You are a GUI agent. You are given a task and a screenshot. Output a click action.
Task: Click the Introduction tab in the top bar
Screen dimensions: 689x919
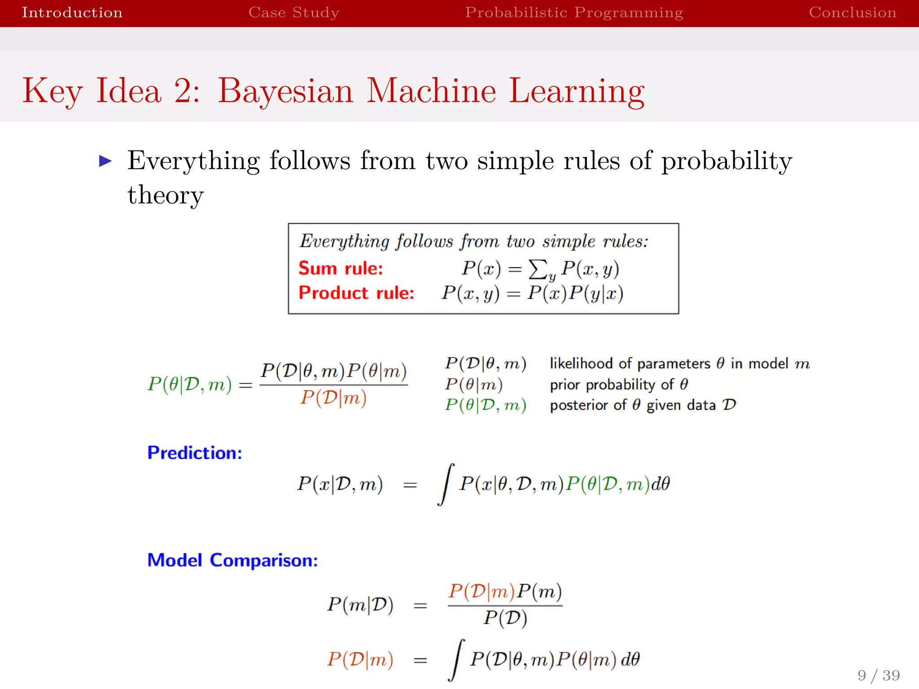pyautogui.click(x=72, y=12)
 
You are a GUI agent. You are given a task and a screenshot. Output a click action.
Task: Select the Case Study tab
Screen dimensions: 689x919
pyautogui.click(x=293, y=12)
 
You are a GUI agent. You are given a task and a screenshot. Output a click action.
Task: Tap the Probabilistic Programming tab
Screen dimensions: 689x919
pyautogui.click(x=574, y=12)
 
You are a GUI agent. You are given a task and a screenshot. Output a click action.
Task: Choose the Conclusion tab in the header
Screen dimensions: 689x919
pyautogui.click(x=852, y=12)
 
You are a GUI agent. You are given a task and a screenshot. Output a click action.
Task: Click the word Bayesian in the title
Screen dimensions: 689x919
pyautogui.click(x=285, y=91)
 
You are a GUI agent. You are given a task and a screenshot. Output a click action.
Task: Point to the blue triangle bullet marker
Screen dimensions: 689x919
pyautogui.click(x=105, y=161)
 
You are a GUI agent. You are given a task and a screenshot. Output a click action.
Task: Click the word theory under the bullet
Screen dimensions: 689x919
pyautogui.click(x=166, y=195)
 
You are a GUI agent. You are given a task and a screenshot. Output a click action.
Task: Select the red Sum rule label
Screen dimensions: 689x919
pyautogui.click(x=341, y=268)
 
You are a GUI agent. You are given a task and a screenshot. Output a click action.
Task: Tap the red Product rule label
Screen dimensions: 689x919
pyautogui.click(x=356, y=293)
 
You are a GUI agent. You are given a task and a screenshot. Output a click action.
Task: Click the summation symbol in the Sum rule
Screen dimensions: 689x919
pyautogui.click(x=538, y=269)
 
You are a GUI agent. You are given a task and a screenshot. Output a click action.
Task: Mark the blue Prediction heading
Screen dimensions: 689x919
pyautogui.click(x=194, y=453)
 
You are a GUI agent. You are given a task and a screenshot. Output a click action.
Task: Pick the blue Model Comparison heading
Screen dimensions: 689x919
pyautogui.click(x=232, y=560)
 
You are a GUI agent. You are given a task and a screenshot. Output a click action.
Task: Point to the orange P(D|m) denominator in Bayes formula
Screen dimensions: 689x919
pyautogui.click(x=333, y=398)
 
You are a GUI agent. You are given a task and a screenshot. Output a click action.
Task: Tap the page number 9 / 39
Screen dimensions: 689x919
pyautogui.click(x=878, y=675)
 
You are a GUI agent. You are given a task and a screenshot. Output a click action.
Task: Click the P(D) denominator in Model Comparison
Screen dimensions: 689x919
pyautogui.click(x=505, y=618)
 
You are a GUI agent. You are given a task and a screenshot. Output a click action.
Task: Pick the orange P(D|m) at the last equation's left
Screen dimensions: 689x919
pyautogui.click(x=360, y=659)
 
